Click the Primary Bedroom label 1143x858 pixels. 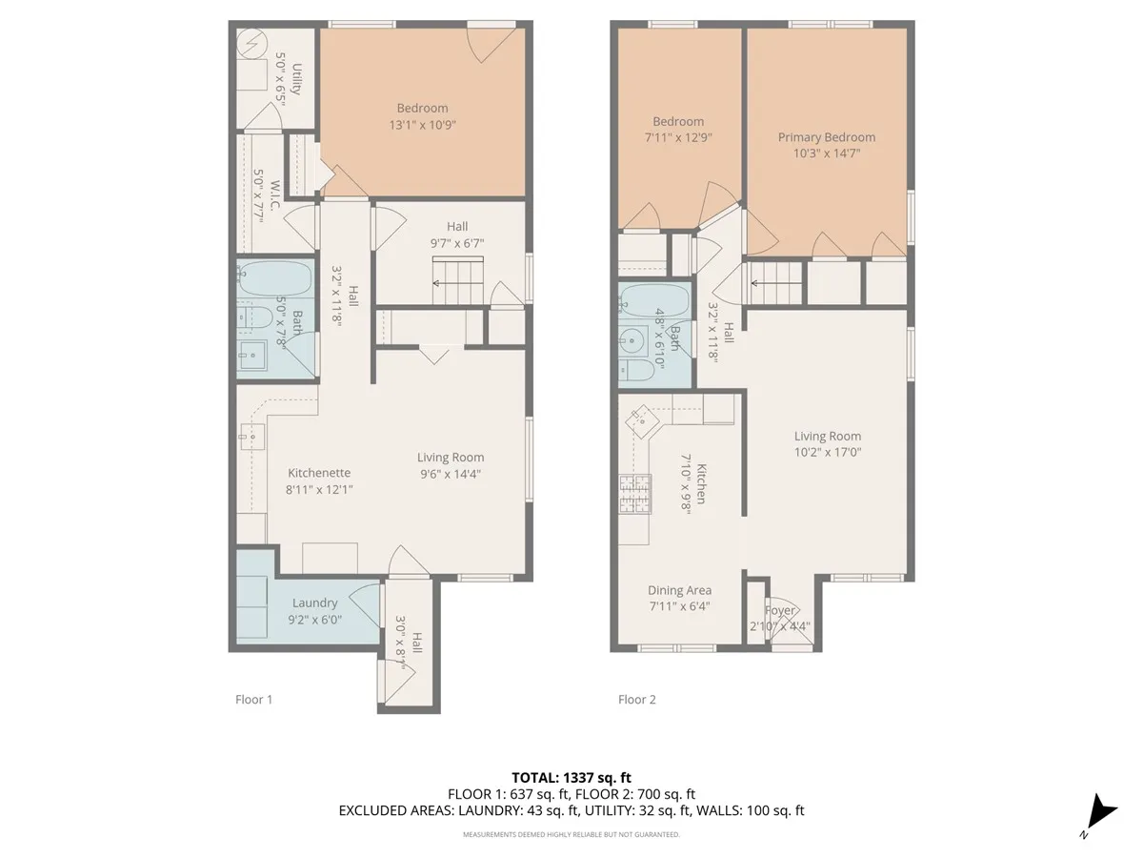(826, 136)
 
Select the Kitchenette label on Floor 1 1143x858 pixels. (319, 473)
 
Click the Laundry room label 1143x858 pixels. (314, 603)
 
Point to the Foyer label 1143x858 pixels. (780, 610)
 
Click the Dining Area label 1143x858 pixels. (679, 590)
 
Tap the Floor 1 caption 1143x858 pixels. (254, 699)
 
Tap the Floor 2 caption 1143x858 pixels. (637, 699)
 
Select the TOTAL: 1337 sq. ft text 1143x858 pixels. (571, 777)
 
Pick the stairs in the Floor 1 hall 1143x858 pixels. (458, 284)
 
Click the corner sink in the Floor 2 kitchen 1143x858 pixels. (642, 416)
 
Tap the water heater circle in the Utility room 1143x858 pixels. (254, 44)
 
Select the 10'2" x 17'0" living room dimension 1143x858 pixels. (827, 453)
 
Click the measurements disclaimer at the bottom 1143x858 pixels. (571, 834)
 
